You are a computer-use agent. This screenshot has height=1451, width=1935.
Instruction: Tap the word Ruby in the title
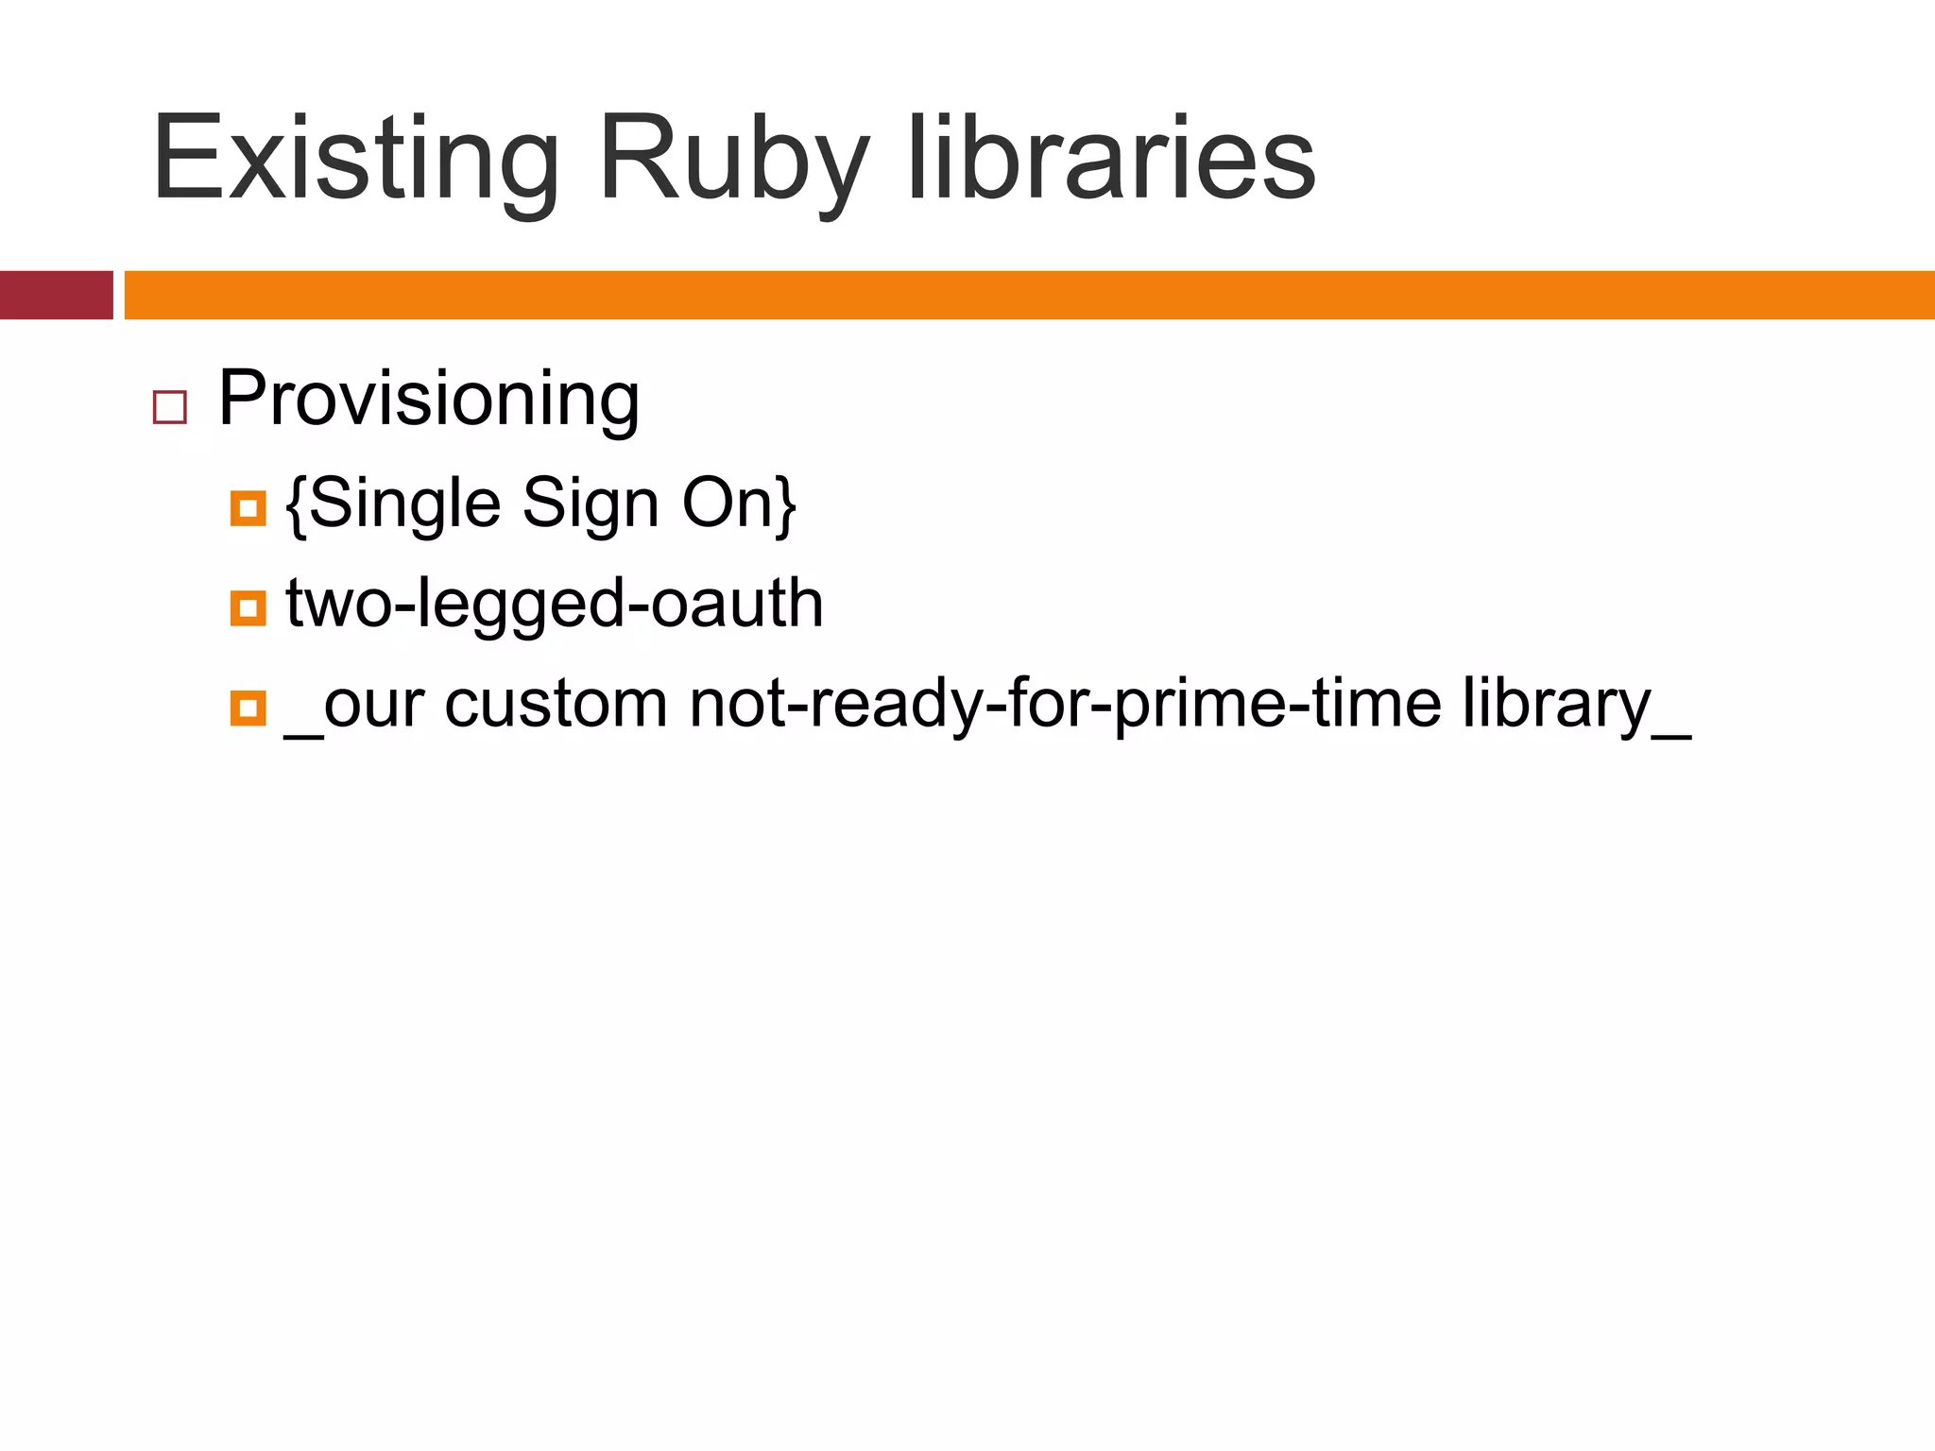732,159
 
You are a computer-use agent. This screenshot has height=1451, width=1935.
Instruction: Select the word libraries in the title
1111,159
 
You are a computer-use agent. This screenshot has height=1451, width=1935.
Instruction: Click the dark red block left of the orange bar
56,295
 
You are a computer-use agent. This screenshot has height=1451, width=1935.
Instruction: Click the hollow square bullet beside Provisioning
170,407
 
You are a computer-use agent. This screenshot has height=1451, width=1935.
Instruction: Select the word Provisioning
429,400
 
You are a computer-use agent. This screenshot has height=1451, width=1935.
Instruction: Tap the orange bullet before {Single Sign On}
248,507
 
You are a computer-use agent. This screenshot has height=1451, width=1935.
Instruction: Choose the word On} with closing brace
739,504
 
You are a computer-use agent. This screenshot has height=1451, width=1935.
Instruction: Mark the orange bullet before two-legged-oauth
248,607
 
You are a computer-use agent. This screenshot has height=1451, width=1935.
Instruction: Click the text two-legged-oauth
555,605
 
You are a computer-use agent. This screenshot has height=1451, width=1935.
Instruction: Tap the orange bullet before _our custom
248,708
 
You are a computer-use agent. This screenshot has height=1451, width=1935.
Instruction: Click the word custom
556,704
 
